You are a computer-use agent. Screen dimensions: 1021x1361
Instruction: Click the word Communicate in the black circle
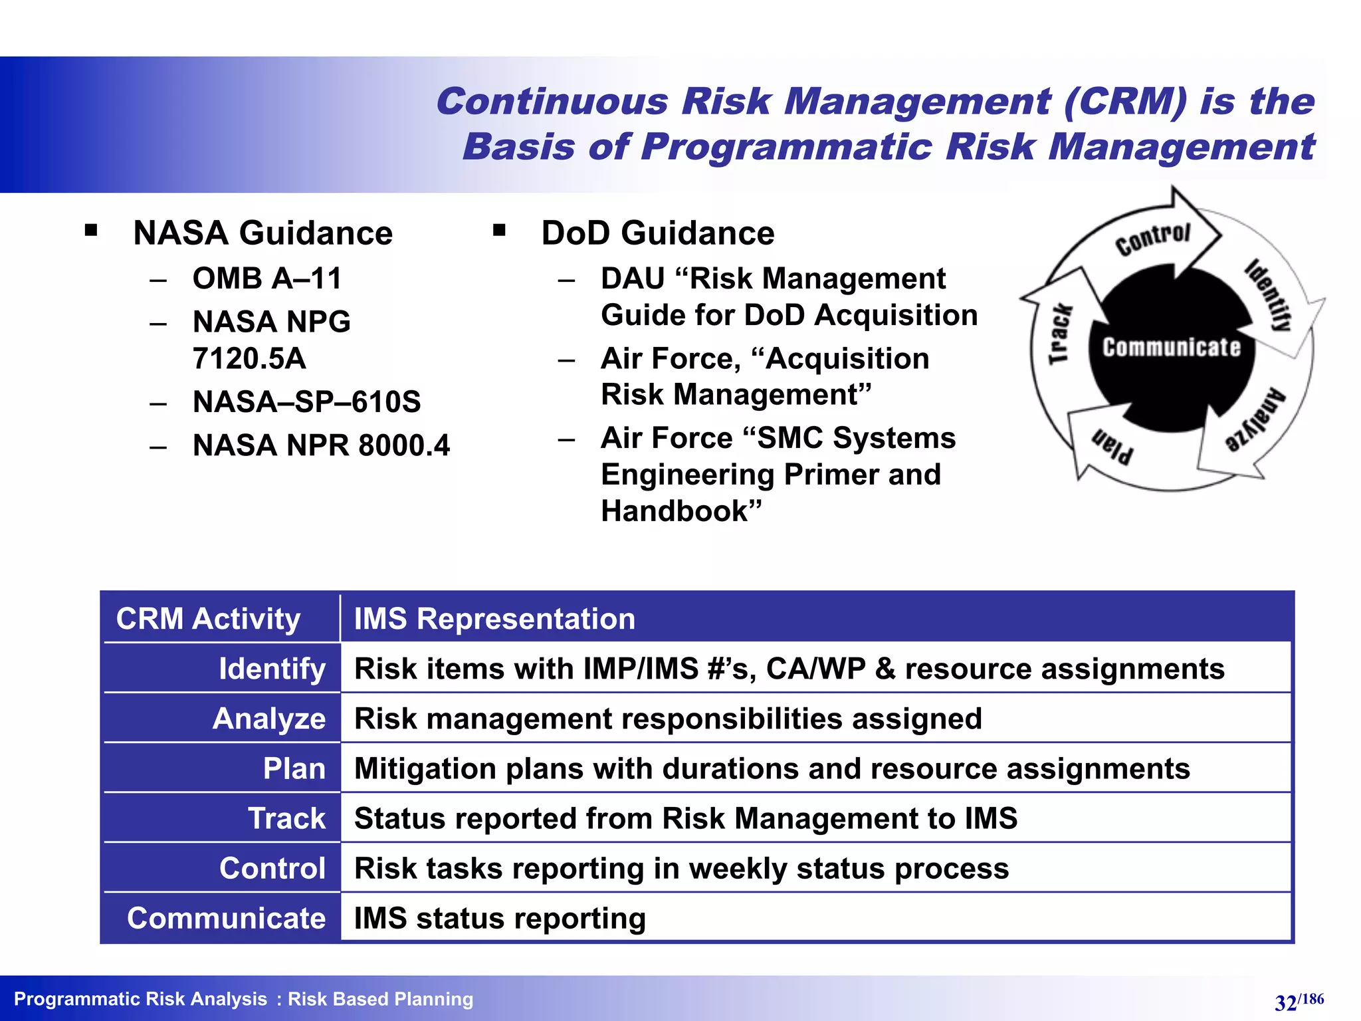[x=1172, y=347]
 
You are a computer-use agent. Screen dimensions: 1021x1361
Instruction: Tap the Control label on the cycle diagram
[x=1153, y=239]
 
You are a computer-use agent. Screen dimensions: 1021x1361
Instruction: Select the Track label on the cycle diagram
[x=1060, y=334]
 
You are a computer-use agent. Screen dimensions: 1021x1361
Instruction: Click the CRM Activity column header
[x=208, y=619]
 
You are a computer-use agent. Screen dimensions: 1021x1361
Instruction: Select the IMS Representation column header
[x=494, y=619]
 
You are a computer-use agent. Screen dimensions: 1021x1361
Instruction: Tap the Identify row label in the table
[x=272, y=669]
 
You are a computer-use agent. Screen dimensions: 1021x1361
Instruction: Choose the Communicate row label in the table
[x=226, y=918]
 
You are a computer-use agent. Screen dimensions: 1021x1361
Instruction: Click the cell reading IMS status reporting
[x=500, y=918]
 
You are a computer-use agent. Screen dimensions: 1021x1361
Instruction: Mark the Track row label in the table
[x=286, y=818]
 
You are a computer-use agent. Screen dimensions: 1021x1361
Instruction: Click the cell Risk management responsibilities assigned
[x=668, y=719]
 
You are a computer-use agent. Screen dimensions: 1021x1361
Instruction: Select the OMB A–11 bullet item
[x=267, y=279]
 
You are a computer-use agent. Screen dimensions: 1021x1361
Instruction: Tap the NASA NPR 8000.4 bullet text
[x=321, y=445]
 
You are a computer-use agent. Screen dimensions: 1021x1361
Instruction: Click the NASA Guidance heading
[x=262, y=233]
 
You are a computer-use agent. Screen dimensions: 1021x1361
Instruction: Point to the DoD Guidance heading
[x=657, y=233]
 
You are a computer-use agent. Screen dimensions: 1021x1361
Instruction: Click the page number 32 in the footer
[x=1285, y=1002]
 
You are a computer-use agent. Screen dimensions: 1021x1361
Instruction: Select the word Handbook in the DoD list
[x=675, y=511]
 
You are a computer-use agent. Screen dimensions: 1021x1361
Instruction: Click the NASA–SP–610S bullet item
[x=306, y=402]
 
